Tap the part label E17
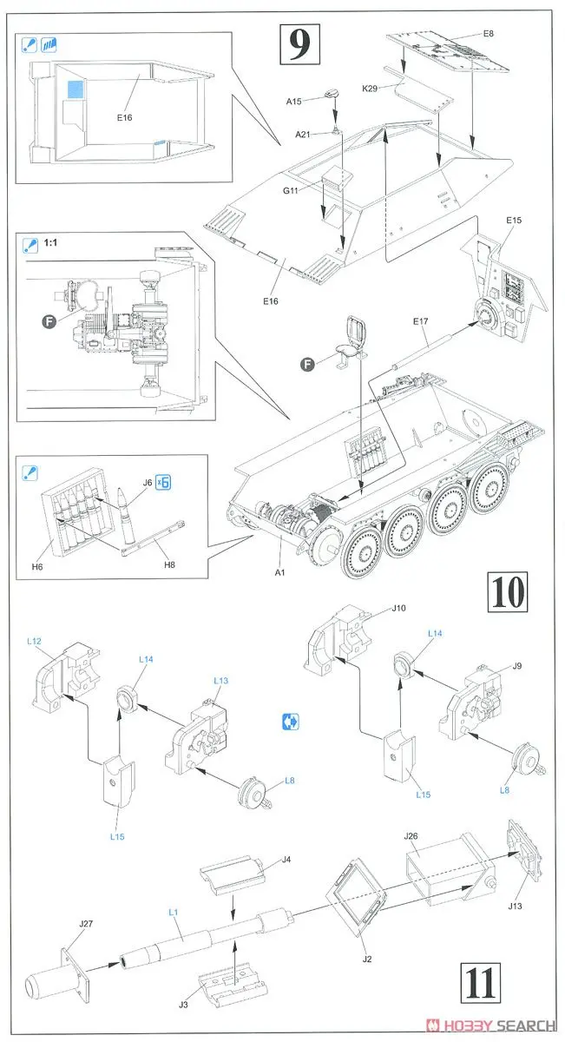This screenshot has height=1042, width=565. (420, 321)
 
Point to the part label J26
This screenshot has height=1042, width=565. (411, 836)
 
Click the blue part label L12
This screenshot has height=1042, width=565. (35, 640)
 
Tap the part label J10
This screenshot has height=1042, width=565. (397, 608)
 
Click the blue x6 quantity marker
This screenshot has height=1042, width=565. (161, 485)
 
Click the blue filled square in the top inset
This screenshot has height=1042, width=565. (75, 88)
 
